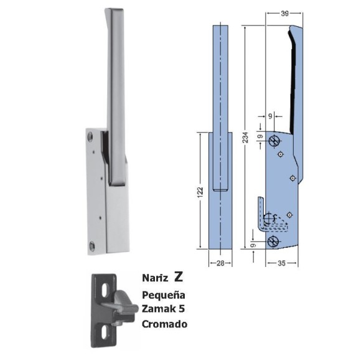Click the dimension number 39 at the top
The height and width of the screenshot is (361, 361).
pos(284,14)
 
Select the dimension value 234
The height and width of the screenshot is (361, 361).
pos(246,137)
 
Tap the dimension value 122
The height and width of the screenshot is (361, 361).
pos(200,191)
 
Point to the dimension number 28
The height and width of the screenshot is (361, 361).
pos(220,263)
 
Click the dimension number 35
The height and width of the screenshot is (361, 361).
pos(281,263)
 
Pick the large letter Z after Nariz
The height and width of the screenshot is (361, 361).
pos(178,277)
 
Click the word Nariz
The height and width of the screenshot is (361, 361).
pos(155,278)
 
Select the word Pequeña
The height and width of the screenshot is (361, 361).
pos(164,295)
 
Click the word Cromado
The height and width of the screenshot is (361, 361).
pos(164,324)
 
